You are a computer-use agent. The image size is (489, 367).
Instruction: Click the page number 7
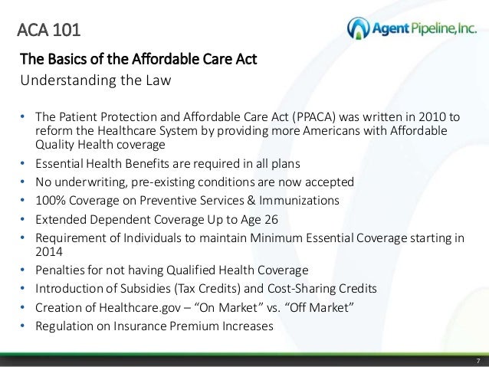[x=477, y=361]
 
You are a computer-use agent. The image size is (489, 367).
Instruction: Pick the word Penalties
[x=59, y=271]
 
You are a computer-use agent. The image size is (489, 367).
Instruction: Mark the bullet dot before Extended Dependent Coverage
[x=23, y=218]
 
